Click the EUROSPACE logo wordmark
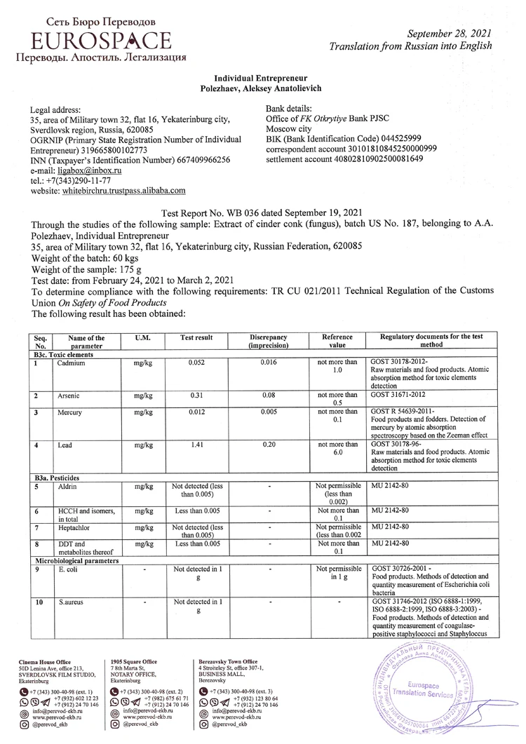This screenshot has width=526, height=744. pos(100,40)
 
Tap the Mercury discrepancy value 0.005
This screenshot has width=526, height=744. pos(269,412)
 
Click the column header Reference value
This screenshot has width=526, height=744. pos(337,341)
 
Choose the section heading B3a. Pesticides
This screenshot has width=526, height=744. pos(62,477)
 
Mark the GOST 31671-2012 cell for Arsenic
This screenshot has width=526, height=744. pos(399,395)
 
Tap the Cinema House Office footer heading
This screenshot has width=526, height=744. pos(45,661)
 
